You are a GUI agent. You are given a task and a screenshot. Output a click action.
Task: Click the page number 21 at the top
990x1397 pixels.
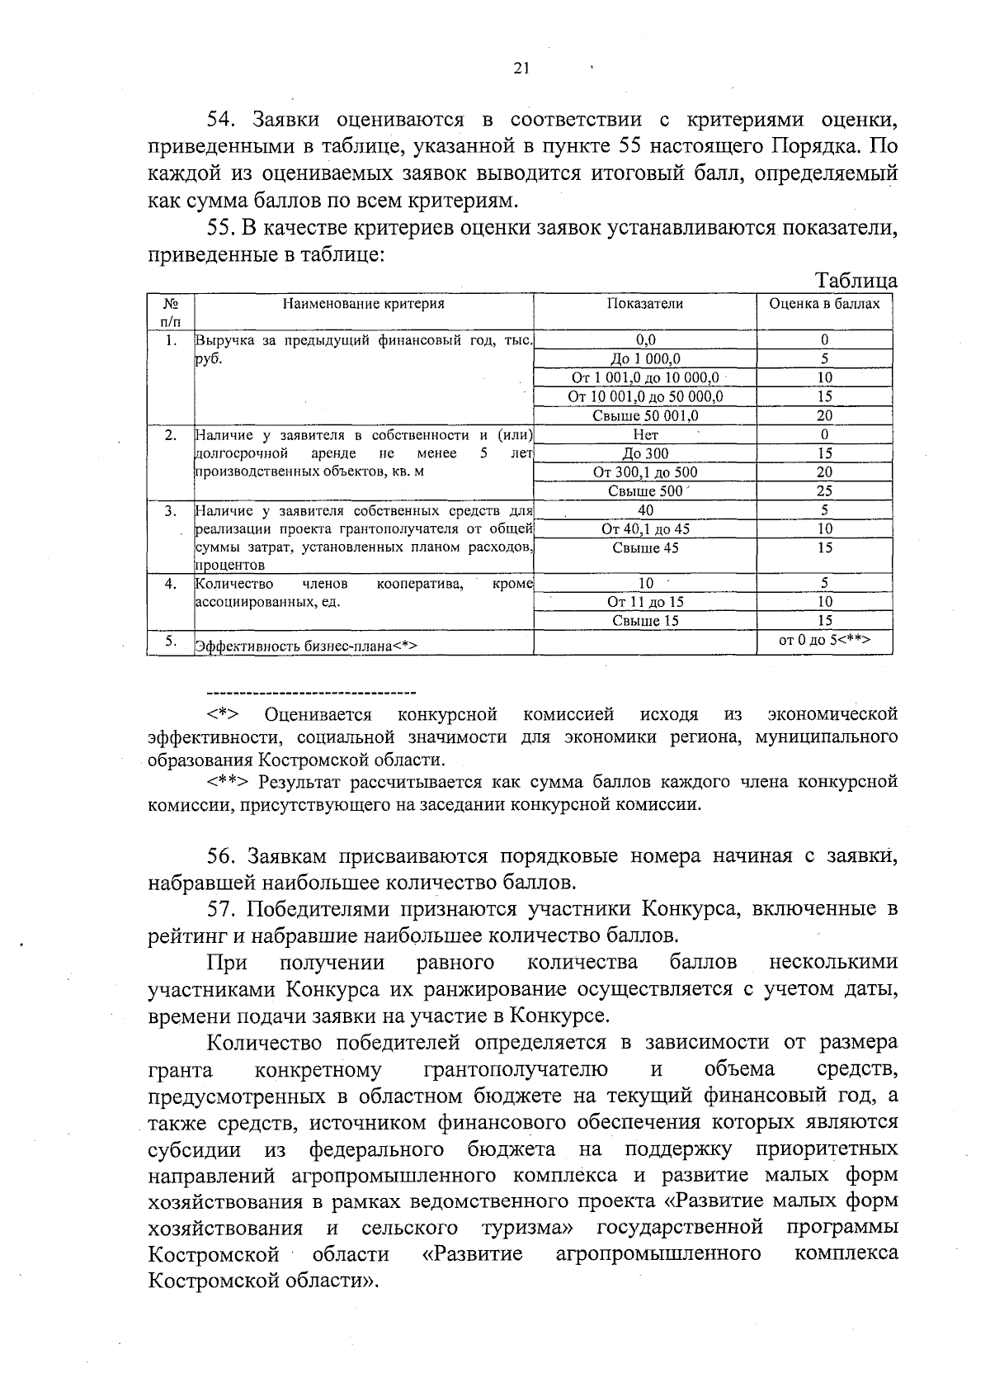(x=521, y=69)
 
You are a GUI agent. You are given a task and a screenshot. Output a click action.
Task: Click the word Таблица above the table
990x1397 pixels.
(x=856, y=281)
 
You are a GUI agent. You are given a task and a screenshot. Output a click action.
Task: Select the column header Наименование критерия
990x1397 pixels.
(x=364, y=304)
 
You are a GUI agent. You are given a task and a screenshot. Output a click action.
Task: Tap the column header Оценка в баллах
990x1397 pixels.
(x=824, y=304)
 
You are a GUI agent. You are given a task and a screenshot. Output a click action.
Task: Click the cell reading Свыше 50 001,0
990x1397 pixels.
(x=645, y=416)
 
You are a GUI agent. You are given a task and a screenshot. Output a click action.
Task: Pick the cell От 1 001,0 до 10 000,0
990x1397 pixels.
(x=645, y=378)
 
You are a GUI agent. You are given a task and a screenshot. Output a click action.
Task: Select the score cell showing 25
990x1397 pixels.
(x=824, y=491)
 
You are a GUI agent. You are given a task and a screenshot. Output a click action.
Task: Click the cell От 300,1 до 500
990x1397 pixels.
(x=645, y=472)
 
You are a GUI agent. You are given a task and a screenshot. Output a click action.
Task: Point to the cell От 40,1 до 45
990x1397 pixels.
(x=645, y=529)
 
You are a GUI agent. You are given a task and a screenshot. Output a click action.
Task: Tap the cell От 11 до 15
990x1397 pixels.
(x=645, y=603)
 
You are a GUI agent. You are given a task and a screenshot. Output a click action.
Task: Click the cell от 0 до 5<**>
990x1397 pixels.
(x=824, y=640)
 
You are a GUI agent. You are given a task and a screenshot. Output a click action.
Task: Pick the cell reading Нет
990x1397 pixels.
(x=645, y=435)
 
